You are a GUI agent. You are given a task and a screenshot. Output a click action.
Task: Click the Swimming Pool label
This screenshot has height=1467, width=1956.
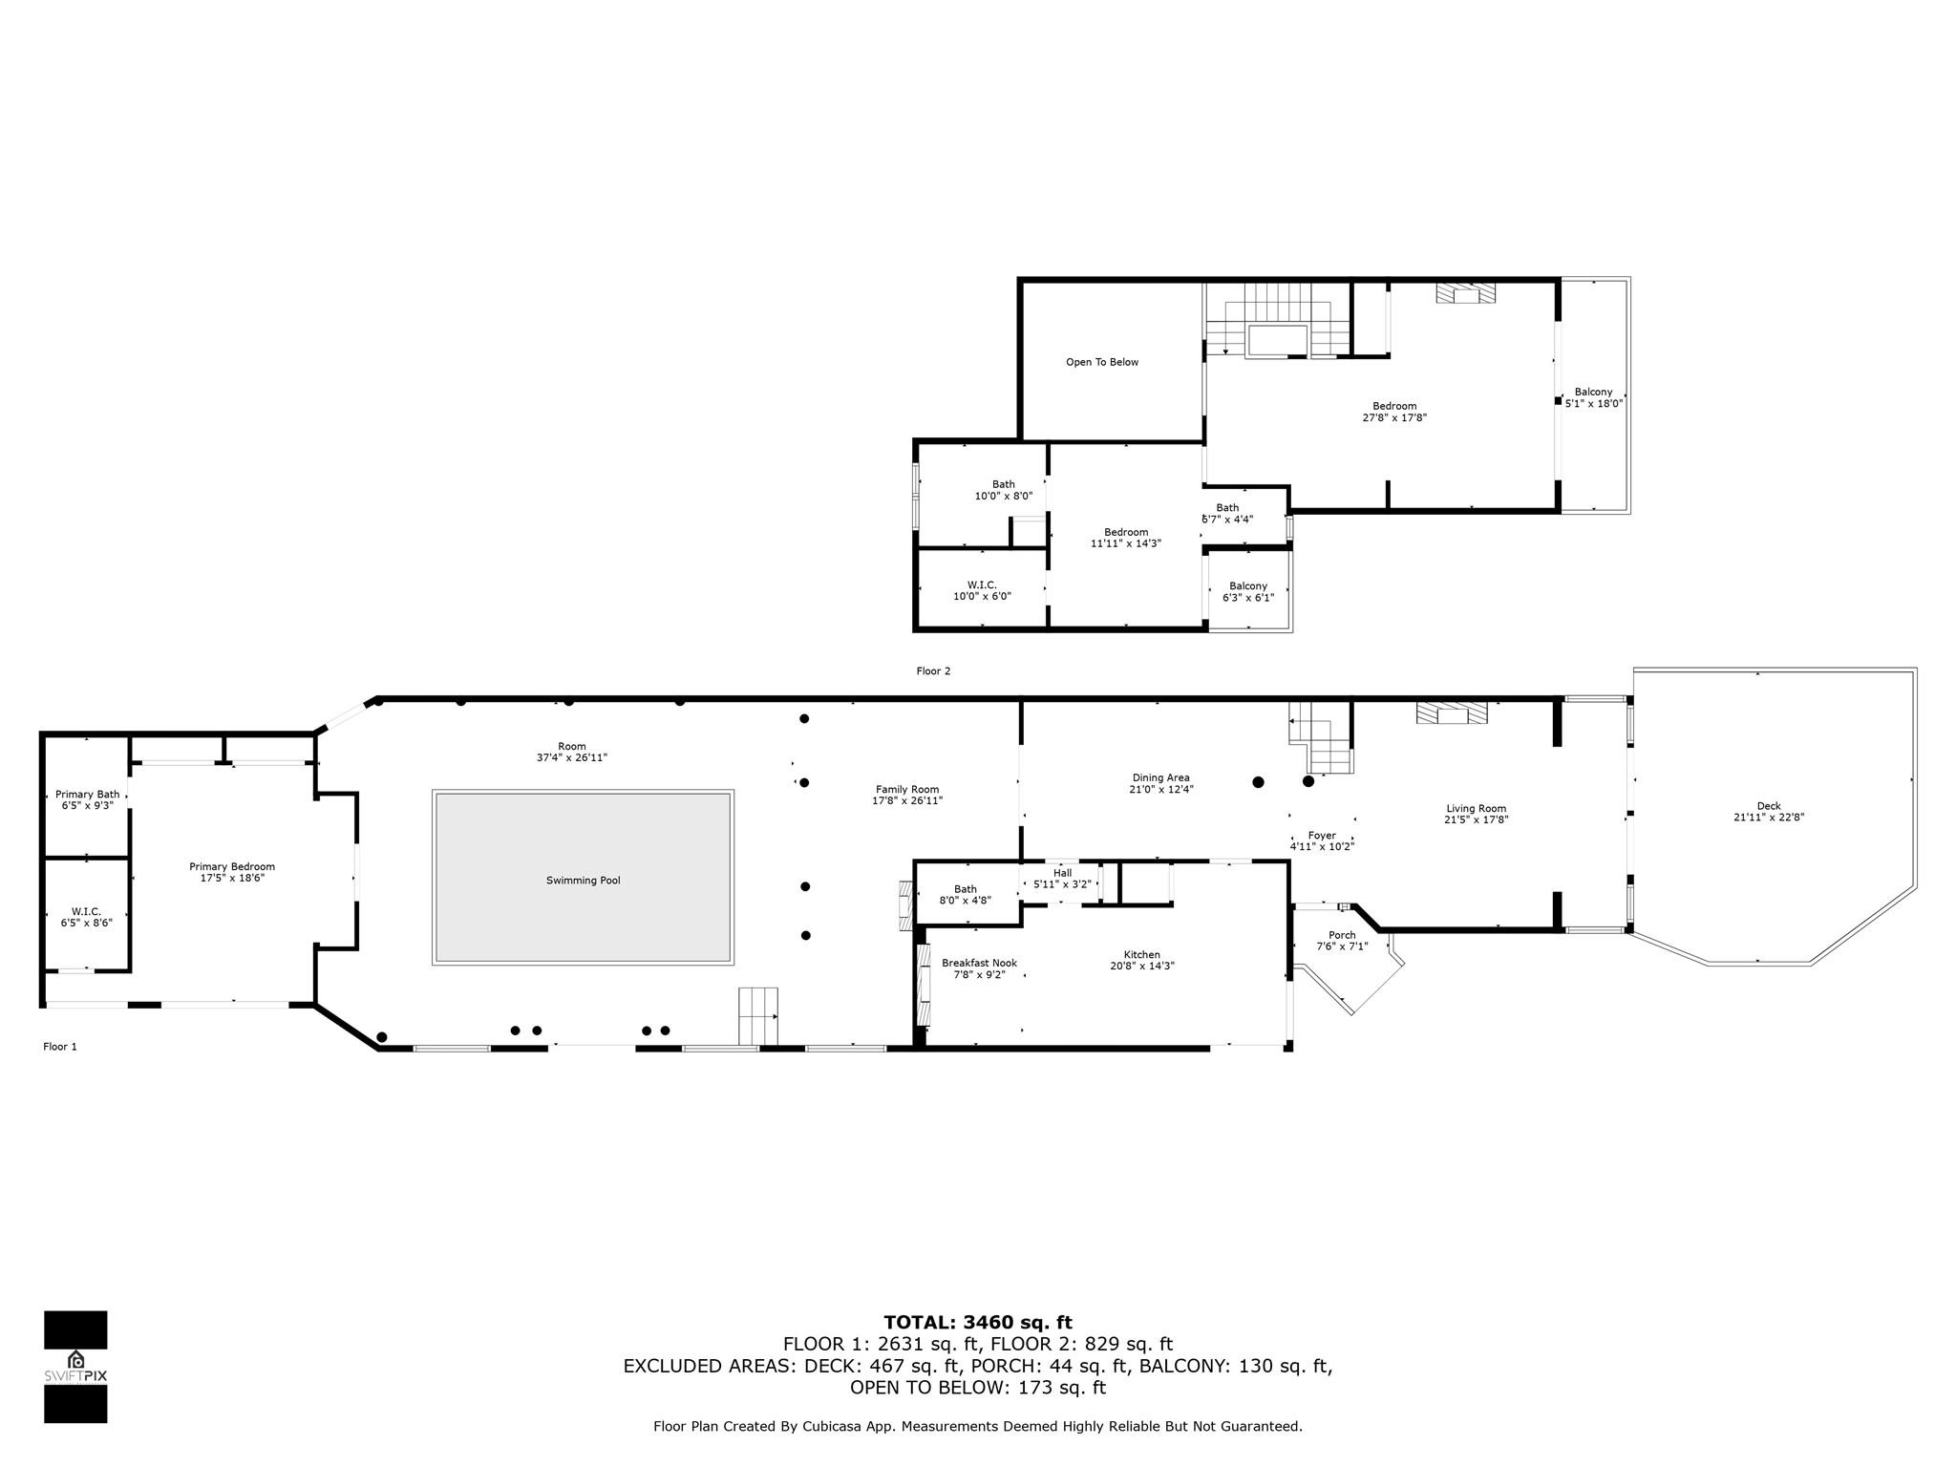[x=583, y=881]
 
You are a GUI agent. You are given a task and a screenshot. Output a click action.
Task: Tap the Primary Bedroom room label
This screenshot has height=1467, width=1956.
[x=232, y=867]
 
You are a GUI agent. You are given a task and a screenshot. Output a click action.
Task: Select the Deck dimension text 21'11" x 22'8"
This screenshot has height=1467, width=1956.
[x=1769, y=817]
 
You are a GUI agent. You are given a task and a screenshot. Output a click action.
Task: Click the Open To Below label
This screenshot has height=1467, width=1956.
[x=1102, y=362]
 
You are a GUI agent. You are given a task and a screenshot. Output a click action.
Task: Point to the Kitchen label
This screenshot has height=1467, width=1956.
[x=1141, y=955]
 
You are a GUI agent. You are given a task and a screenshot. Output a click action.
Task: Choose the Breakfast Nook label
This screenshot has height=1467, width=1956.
[x=979, y=963]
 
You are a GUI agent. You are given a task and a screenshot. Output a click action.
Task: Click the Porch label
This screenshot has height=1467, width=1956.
[x=1342, y=935]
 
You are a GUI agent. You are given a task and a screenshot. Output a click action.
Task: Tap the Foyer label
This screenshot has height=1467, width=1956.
[x=1322, y=836]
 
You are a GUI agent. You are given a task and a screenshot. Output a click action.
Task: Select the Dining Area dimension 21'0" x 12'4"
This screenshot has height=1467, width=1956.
[x=1160, y=790]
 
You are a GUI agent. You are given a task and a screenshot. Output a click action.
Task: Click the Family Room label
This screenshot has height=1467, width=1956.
[x=907, y=790]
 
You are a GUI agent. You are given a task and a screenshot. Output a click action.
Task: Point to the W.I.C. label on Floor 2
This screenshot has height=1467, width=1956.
[x=982, y=585]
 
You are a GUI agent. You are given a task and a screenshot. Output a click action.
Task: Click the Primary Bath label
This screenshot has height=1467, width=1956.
[x=88, y=795]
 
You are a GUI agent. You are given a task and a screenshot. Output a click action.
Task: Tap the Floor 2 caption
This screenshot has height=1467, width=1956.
[x=933, y=671]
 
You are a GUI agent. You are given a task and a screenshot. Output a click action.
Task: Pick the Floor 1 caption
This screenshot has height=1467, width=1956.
[x=60, y=1047]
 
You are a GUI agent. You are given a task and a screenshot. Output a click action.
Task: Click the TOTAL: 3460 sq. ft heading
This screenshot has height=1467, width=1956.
[x=978, y=1323]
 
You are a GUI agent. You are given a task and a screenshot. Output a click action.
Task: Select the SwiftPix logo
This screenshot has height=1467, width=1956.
[x=75, y=1367]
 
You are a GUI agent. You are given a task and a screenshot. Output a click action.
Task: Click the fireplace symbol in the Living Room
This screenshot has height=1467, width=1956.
[x=1452, y=713]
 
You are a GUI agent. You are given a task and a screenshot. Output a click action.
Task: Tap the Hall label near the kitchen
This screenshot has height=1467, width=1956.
[x=1062, y=873]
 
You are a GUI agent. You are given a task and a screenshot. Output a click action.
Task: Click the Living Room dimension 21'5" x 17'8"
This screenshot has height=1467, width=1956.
[x=1477, y=819]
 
